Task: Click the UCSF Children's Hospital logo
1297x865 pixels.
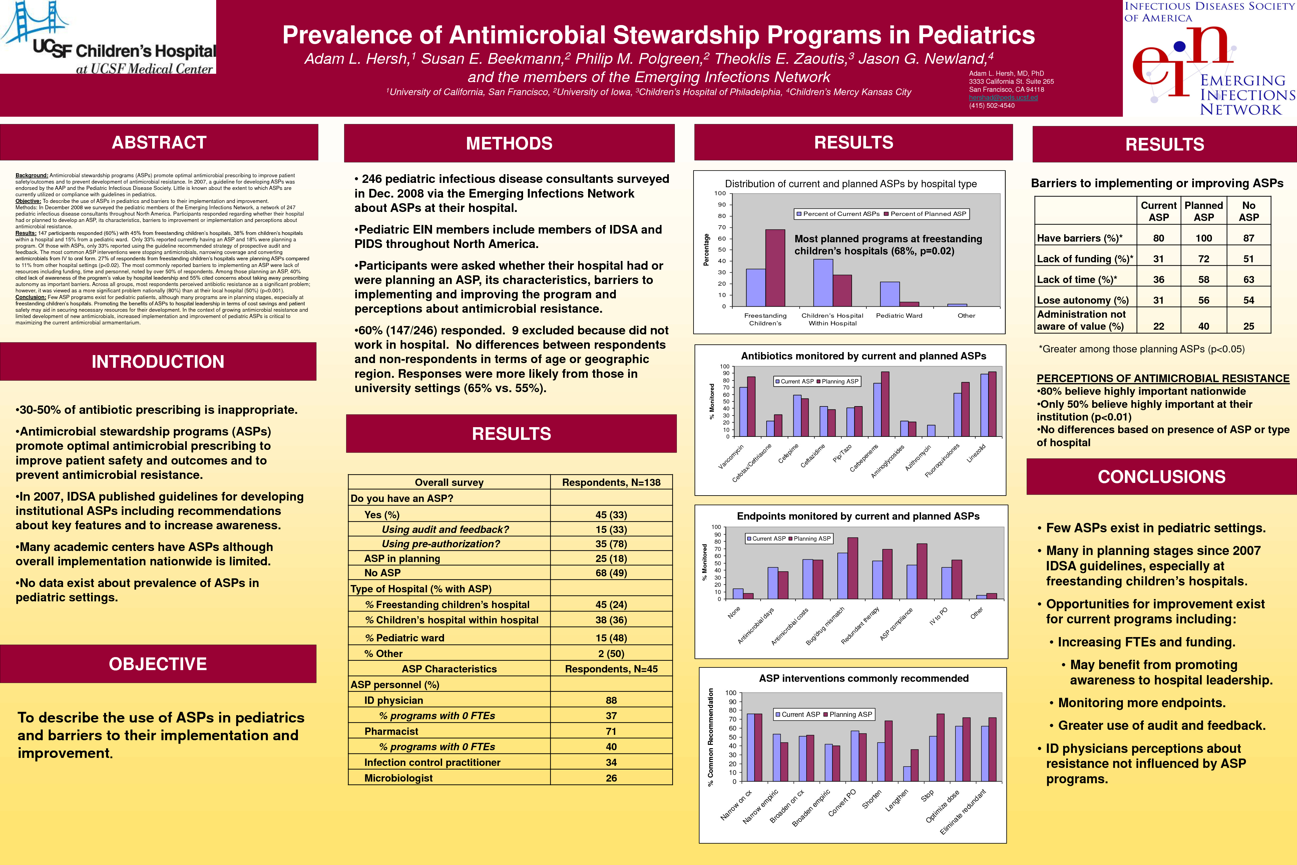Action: click(108, 37)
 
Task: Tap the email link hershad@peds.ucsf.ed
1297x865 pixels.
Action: click(1003, 98)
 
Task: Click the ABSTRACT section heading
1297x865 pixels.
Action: click(159, 142)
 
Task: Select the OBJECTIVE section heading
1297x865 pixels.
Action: click(158, 664)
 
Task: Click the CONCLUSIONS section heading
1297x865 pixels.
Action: click(1161, 477)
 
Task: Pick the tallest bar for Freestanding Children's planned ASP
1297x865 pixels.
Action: click(775, 268)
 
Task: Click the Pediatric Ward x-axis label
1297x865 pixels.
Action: click(899, 316)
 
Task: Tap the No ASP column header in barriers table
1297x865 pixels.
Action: click(1249, 211)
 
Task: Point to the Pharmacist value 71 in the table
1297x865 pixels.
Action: click(611, 732)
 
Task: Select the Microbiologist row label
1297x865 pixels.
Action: click(398, 778)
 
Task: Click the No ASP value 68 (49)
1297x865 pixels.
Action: click(611, 573)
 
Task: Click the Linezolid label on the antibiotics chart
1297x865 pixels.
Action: click(976, 454)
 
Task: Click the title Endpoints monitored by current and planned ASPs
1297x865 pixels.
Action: click(858, 516)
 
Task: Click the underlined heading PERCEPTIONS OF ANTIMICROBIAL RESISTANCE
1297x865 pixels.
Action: click(1163, 378)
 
